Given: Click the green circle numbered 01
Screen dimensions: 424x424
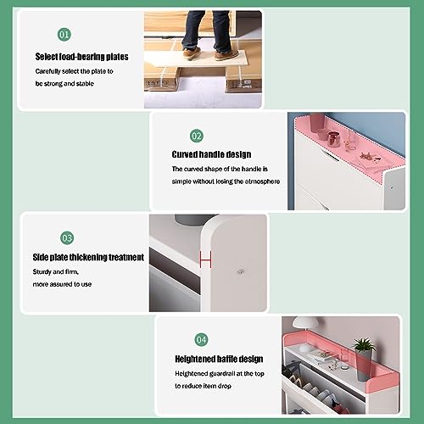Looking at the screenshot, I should coord(64,35).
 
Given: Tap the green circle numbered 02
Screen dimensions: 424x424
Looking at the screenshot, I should coord(197,136).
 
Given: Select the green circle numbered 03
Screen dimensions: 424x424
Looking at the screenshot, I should coord(66,238).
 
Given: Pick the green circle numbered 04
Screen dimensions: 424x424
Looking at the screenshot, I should coord(201,339).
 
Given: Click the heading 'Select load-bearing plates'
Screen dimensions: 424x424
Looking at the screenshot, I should coord(82,57).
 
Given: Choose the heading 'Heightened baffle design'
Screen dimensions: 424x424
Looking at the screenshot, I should coord(219,359).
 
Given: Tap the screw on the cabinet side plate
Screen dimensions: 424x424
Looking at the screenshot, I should coord(240,271).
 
